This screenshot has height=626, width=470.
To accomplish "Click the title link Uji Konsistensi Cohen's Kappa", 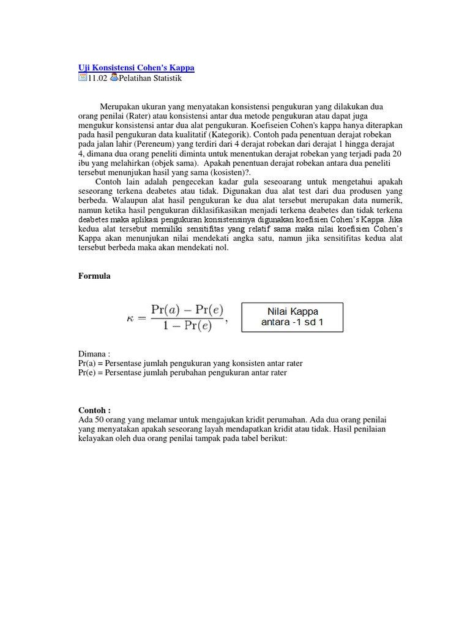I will [136, 68].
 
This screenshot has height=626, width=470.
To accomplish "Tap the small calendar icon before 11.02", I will [83, 78].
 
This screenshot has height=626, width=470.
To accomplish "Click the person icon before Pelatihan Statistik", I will [114, 78].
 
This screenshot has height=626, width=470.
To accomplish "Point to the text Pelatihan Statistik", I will [150, 78].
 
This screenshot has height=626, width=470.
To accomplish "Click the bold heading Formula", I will [94, 276].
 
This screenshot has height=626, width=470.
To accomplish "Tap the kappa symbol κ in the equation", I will [130, 318].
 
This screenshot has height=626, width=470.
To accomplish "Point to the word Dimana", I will [93, 353].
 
